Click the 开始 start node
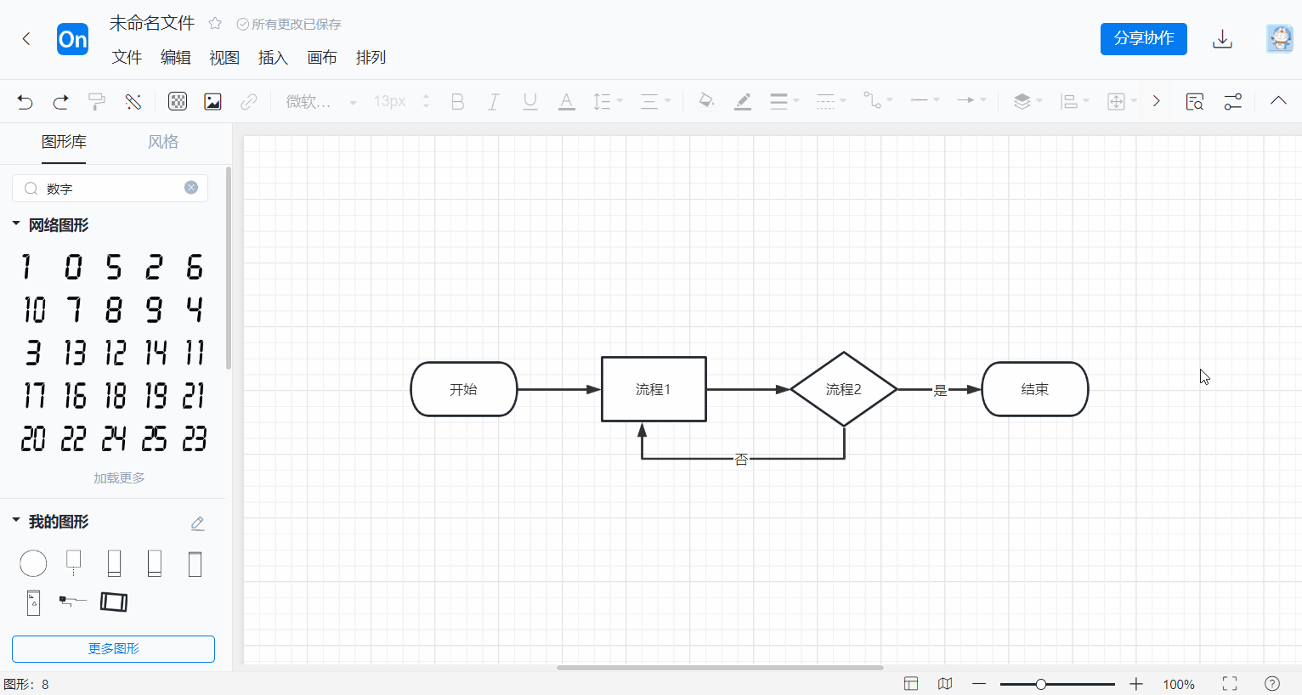click(464, 389)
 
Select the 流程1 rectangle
click(654, 389)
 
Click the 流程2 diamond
click(843, 389)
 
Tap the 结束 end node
click(1034, 389)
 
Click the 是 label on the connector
click(940, 390)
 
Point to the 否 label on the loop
click(741, 459)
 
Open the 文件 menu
click(127, 57)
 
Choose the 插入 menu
click(273, 57)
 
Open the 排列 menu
click(371, 57)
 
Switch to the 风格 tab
click(163, 142)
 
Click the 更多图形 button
click(113, 648)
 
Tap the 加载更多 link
click(119, 478)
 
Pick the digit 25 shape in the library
click(154, 438)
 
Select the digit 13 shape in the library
click(75, 352)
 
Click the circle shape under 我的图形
click(33, 562)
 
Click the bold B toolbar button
click(457, 102)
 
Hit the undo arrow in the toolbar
click(25, 102)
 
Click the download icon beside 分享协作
click(1222, 39)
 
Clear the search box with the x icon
click(191, 188)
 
